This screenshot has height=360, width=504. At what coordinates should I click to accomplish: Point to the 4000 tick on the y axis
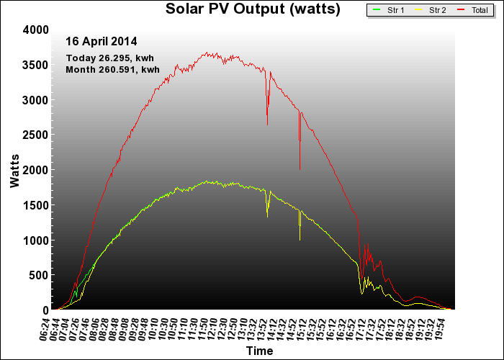pos(35,30)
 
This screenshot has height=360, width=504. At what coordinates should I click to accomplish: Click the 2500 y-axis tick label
pos(35,135)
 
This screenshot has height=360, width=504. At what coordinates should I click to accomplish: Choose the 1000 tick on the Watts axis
pos(35,240)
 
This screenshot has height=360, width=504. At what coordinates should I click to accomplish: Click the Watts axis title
pos(15,170)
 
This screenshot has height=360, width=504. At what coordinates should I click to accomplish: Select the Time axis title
pos(258,351)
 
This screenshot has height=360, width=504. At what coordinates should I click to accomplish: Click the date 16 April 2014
pos(102,42)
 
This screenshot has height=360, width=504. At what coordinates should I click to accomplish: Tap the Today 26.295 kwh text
pos(109,58)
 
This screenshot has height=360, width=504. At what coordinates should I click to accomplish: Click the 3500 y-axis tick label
pos(35,65)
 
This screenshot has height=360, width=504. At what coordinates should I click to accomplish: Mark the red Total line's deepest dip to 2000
pos(300,168)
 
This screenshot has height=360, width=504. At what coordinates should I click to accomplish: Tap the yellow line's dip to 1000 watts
pos(300,239)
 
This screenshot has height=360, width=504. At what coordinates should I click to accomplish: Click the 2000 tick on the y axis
pos(35,170)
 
